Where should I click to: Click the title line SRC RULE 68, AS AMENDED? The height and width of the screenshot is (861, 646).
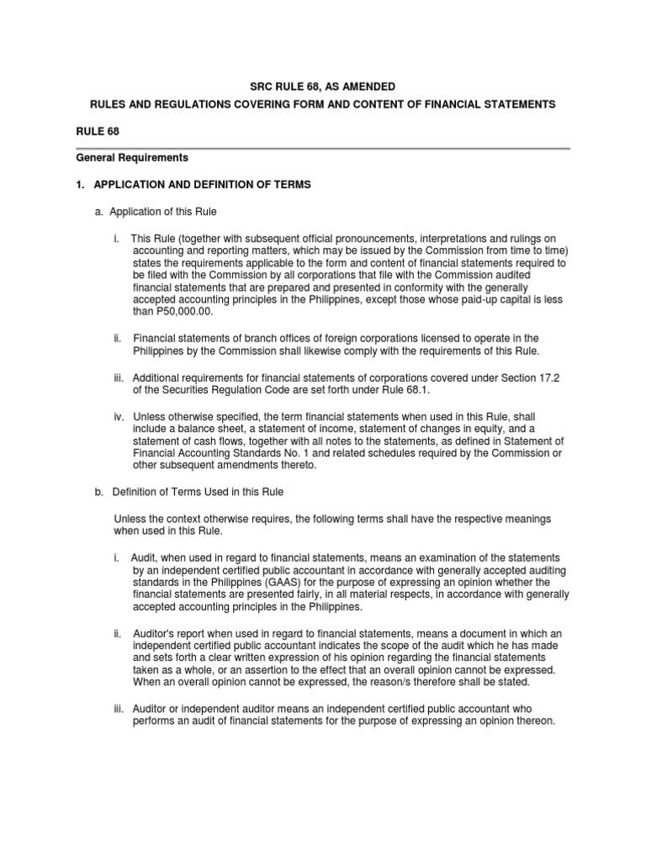(323, 87)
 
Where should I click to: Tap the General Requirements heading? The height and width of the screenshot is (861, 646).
(132, 157)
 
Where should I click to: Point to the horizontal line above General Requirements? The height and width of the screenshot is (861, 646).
(323, 148)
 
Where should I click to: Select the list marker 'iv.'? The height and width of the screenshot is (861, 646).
(120, 416)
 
